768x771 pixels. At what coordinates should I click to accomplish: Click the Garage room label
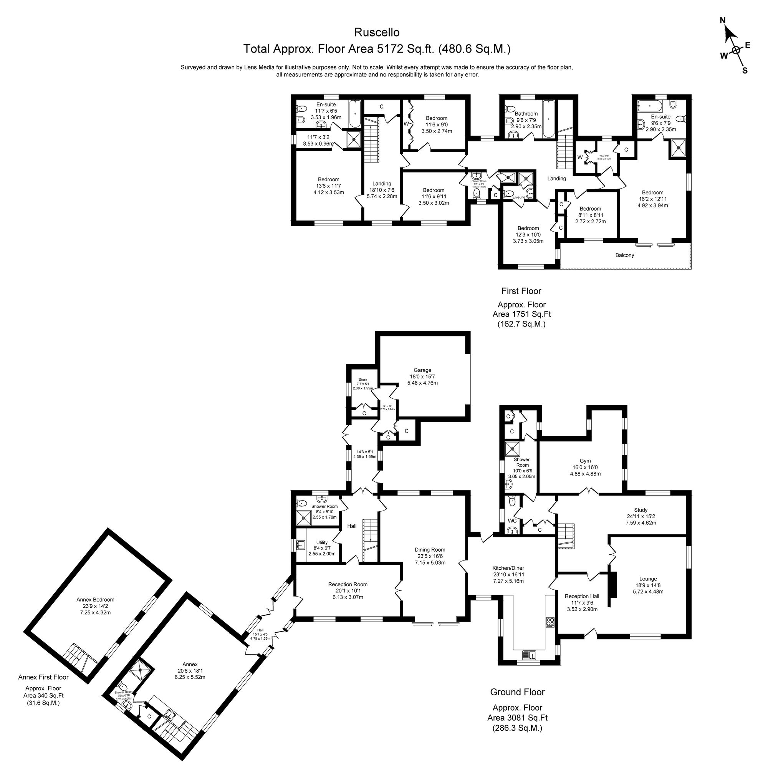coord(422,370)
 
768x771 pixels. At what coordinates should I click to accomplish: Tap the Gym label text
coord(585,461)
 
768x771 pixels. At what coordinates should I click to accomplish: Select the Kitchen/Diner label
coord(508,568)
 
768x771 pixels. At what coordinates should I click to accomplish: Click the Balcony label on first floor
coord(624,255)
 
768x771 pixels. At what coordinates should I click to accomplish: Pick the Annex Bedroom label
coord(95,599)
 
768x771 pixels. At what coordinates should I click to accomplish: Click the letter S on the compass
coord(745,71)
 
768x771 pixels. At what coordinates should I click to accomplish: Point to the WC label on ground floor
coord(512,521)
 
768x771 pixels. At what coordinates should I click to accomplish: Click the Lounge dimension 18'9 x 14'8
coord(648,585)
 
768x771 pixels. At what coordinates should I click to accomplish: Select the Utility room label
coord(321,542)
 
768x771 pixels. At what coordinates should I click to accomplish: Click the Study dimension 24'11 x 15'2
coord(641,516)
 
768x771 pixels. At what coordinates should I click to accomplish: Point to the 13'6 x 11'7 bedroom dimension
coord(328,186)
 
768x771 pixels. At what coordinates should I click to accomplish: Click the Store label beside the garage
coord(362,380)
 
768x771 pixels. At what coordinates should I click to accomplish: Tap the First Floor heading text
coord(521,291)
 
